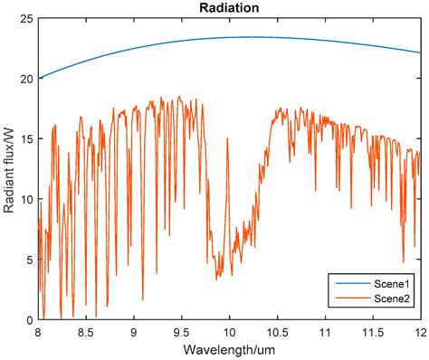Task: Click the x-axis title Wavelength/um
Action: (x=228, y=349)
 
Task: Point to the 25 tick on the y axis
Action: (x=26, y=19)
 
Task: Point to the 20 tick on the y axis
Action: (x=26, y=79)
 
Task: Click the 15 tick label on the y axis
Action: (x=26, y=139)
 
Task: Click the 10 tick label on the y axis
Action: (x=26, y=199)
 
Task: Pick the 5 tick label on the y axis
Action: (x=29, y=260)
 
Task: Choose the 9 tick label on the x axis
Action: (x=134, y=331)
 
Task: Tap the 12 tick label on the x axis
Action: (x=418, y=331)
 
